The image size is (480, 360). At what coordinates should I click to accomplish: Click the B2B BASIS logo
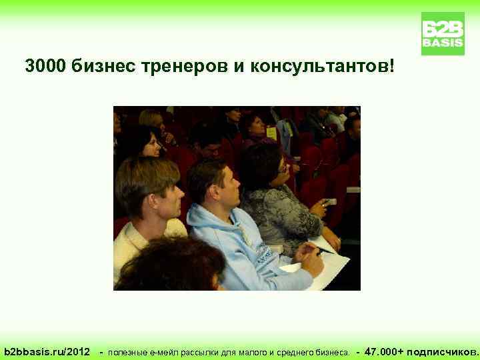pyautogui.click(x=443, y=33)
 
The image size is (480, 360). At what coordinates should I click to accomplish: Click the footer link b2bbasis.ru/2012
pyautogui.click(x=47, y=351)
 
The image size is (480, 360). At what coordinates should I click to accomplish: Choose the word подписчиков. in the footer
pyautogui.click(x=443, y=351)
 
